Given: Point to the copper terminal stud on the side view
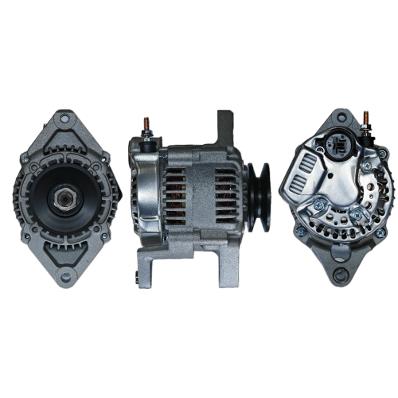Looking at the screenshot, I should coord(146,126).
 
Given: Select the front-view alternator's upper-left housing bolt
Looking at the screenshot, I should coord(27,164).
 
